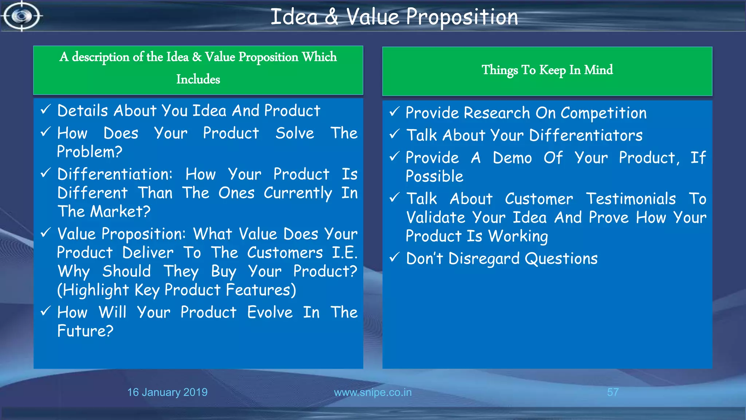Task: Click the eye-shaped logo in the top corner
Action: [21, 16]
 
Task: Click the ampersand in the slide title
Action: [331, 17]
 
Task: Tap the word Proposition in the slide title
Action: [462, 17]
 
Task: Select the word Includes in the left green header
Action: [198, 79]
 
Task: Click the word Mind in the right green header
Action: [598, 70]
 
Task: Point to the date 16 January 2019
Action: [167, 392]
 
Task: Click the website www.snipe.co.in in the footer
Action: [373, 392]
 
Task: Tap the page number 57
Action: [613, 392]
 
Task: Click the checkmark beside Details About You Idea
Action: [46, 109]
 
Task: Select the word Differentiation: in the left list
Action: [115, 174]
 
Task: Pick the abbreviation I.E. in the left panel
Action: [344, 253]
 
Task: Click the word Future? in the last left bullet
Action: [85, 331]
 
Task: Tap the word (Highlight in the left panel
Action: [93, 290]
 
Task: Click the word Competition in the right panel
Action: [603, 113]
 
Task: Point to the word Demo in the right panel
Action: [512, 158]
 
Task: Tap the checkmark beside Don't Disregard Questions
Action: [394, 258]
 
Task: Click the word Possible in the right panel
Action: [435, 176]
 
